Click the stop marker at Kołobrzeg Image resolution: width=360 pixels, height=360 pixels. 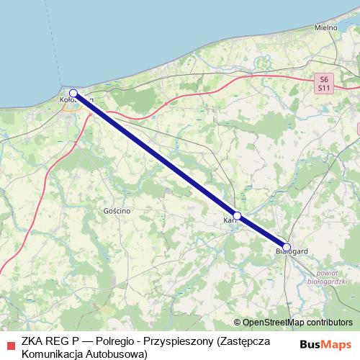(73, 93)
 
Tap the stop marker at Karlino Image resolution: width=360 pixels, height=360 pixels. (237, 215)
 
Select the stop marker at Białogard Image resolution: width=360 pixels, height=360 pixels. (287, 247)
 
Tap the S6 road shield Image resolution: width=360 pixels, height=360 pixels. (324, 78)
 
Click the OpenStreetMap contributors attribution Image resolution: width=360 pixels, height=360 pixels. (297, 323)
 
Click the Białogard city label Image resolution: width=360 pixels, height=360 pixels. (293, 251)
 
